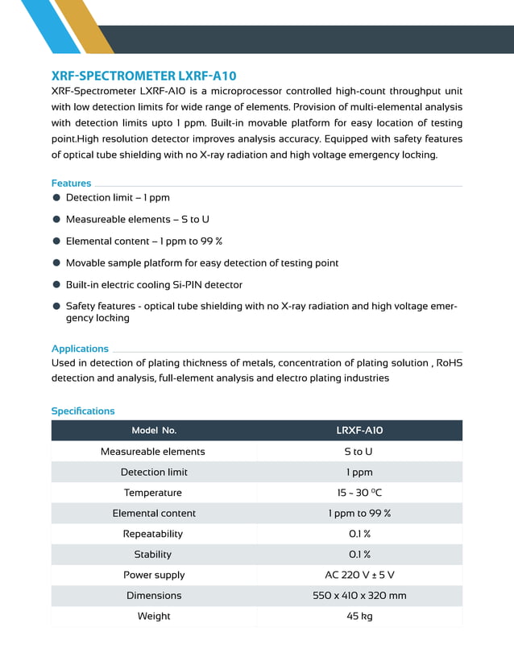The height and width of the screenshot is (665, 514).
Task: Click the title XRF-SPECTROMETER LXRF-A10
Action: [x=143, y=76]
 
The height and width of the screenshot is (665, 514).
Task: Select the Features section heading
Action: [x=72, y=183]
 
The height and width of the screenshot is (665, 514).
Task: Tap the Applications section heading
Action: [x=80, y=349]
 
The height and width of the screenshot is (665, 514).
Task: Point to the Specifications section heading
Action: [x=83, y=411]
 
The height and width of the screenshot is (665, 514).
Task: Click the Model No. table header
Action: [x=154, y=431]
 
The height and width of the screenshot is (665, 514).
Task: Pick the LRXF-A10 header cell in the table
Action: [x=359, y=431]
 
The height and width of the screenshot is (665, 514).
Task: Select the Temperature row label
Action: [x=153, y=493]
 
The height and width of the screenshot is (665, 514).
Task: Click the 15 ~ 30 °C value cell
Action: [x=359, y=493]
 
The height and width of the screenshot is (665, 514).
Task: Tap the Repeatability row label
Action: [x=153, y=534]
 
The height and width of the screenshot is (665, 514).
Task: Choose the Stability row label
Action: [x=153, y=554]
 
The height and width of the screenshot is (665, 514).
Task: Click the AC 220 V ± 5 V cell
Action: [x=359, y=575]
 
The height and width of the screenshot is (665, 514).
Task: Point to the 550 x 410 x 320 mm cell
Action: [x=359, y=596]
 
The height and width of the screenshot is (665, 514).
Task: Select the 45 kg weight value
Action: [x=359, y=616]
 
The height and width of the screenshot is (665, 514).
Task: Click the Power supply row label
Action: [x=154, y=575]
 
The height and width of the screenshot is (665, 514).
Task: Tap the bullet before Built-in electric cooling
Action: [x=56, y=284]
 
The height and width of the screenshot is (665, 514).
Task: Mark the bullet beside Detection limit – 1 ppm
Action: [x=56, y=197]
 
